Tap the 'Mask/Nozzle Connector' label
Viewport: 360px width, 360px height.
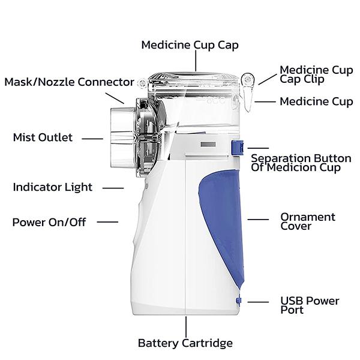pos(69,82)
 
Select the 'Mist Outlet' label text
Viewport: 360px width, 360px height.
pos(43,137)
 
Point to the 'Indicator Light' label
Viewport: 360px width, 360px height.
pos(53,187)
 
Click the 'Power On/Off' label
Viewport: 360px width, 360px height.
pos(49,222)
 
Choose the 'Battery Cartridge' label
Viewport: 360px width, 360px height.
pos(185,343)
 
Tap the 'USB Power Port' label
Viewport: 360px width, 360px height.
pos(310,305)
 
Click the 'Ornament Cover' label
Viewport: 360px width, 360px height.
pos(308,221)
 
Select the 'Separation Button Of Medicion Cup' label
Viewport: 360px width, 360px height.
pos(301,163)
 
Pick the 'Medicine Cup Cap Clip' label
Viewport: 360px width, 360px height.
pos(316,74)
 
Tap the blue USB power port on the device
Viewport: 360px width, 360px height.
pos(239,302)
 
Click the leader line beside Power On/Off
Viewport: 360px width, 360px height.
pos(107,222)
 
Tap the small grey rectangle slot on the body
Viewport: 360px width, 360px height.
pos(206,145)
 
